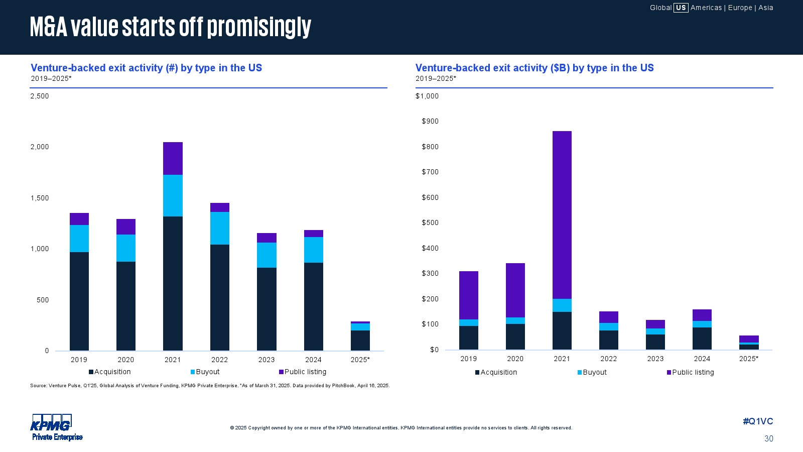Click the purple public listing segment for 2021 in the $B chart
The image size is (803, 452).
pyautogui.click(x=562, y=215)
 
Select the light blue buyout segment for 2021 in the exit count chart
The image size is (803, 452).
pyautogui.click(x=173, y=195)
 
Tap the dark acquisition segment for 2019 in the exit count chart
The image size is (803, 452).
pyautogui.click(x=79, y=301)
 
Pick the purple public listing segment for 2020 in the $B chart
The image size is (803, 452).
pyautogui.click(x=515, y=290)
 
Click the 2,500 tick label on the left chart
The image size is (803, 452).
pyautogui.click(x=40, y=96)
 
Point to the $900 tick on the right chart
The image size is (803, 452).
pyautogui.click(x=430, y=121)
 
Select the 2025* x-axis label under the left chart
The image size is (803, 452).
pyautogui.click(x=360, y=360)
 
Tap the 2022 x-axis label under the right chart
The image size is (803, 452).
pyautogui.click(x=608, y=359)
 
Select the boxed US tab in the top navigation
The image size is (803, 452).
pyautogui.click(x=681, y=8)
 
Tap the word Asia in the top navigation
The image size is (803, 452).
pyautogui.click(x=765, y=8)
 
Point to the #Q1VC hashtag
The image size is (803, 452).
pyautogui.click(x=758, y=421)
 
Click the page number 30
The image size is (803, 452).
pyautogui.click(x=768, y=438)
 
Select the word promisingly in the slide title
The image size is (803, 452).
pyautogui.click(x=259, y=27)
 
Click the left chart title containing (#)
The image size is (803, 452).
pyautogui.click(x=146, y=68)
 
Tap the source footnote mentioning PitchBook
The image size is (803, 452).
pyautogui.click(x=210, y=386)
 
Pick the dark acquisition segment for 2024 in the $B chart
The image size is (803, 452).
pyautogui.click(x=702, y=338)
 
